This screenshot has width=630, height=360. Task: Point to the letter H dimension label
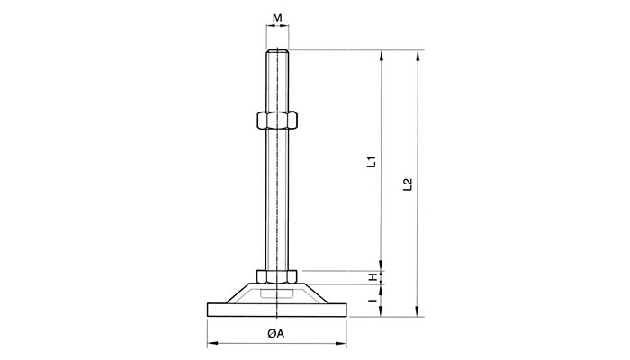pos(370,275)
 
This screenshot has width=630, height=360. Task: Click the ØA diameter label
pos(276,334)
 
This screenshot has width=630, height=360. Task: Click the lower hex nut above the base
pos(277,275)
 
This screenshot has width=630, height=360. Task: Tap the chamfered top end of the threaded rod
pos(277,53)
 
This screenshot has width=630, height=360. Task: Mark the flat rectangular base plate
pos(277,310)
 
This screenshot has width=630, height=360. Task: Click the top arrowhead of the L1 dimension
pos(383,56)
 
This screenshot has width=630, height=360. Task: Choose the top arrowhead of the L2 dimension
pos(418,56)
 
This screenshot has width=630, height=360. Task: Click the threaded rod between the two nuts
pos(277,198)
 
